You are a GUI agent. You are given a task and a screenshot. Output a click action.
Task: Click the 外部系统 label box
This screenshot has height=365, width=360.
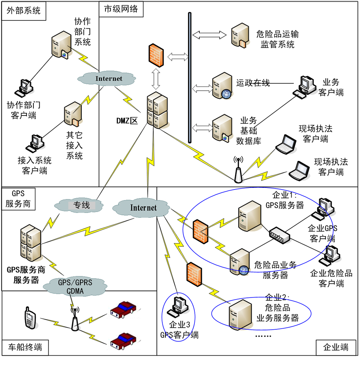23,10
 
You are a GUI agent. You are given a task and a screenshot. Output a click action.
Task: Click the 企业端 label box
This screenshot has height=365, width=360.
336,347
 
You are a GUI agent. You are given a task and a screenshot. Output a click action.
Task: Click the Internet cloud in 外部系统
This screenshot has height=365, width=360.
109,79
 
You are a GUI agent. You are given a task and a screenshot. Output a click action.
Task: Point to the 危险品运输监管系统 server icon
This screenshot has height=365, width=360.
240,36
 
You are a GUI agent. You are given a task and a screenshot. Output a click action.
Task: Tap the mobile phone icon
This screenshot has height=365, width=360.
30,318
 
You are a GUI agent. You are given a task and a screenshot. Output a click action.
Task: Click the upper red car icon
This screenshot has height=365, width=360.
123,310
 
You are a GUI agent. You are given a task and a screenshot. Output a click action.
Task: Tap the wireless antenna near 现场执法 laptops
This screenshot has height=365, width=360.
237,169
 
